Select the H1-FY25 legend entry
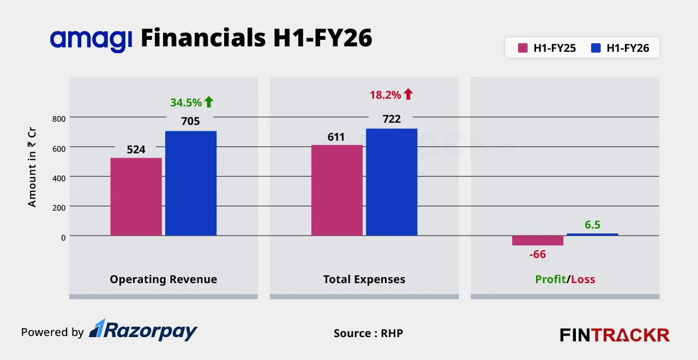point(547,48)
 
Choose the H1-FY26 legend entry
point(620,48)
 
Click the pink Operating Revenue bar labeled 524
point(136,197)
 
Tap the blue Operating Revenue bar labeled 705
point(191,183)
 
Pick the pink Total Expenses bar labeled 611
point(336,190)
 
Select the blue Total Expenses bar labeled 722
point(392,182)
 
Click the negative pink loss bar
point(537,241)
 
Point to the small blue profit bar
point(592,235)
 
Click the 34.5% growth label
point(186,103)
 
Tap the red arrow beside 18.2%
point(408,94)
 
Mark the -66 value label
point(537,254)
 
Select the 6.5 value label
point(592,225)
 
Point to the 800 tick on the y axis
point(59,118)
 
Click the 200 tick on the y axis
point(59,207)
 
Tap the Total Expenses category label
point(364,280)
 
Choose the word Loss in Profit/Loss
point(583,280)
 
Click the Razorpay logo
point(143,331)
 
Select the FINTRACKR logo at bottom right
point(615,335)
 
